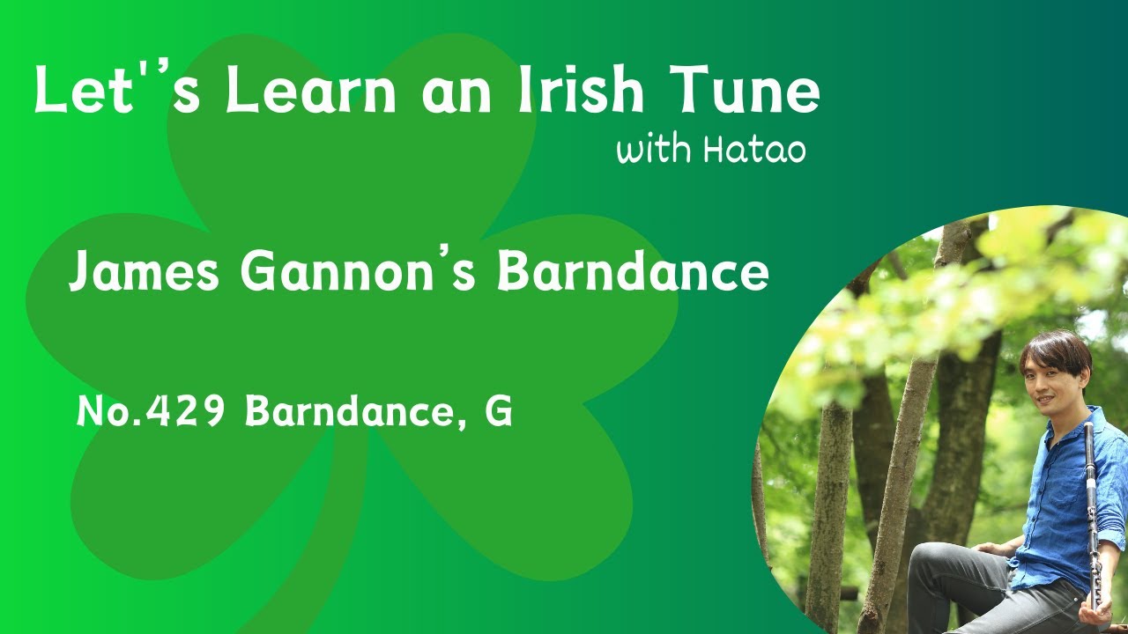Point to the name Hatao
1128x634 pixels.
tap(754, 150)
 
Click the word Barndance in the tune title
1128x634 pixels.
tap(632, 272)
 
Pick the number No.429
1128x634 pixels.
tap(154, 411)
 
